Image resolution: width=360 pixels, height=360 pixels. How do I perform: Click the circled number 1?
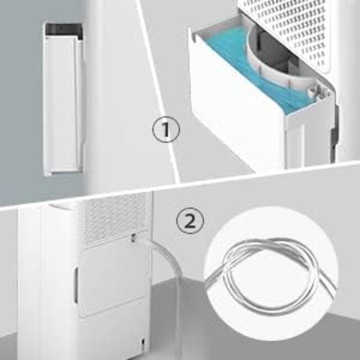click(166, 129)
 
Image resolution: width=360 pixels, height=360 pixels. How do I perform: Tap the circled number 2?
click(190, 221)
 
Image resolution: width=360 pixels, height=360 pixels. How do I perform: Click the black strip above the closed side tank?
click(64, 30)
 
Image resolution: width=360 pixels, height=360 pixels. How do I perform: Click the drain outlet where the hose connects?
click(133, 238)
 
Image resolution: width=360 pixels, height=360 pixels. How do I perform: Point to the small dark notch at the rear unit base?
click(143, 342)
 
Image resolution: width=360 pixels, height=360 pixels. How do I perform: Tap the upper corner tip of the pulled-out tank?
click(190, 28)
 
